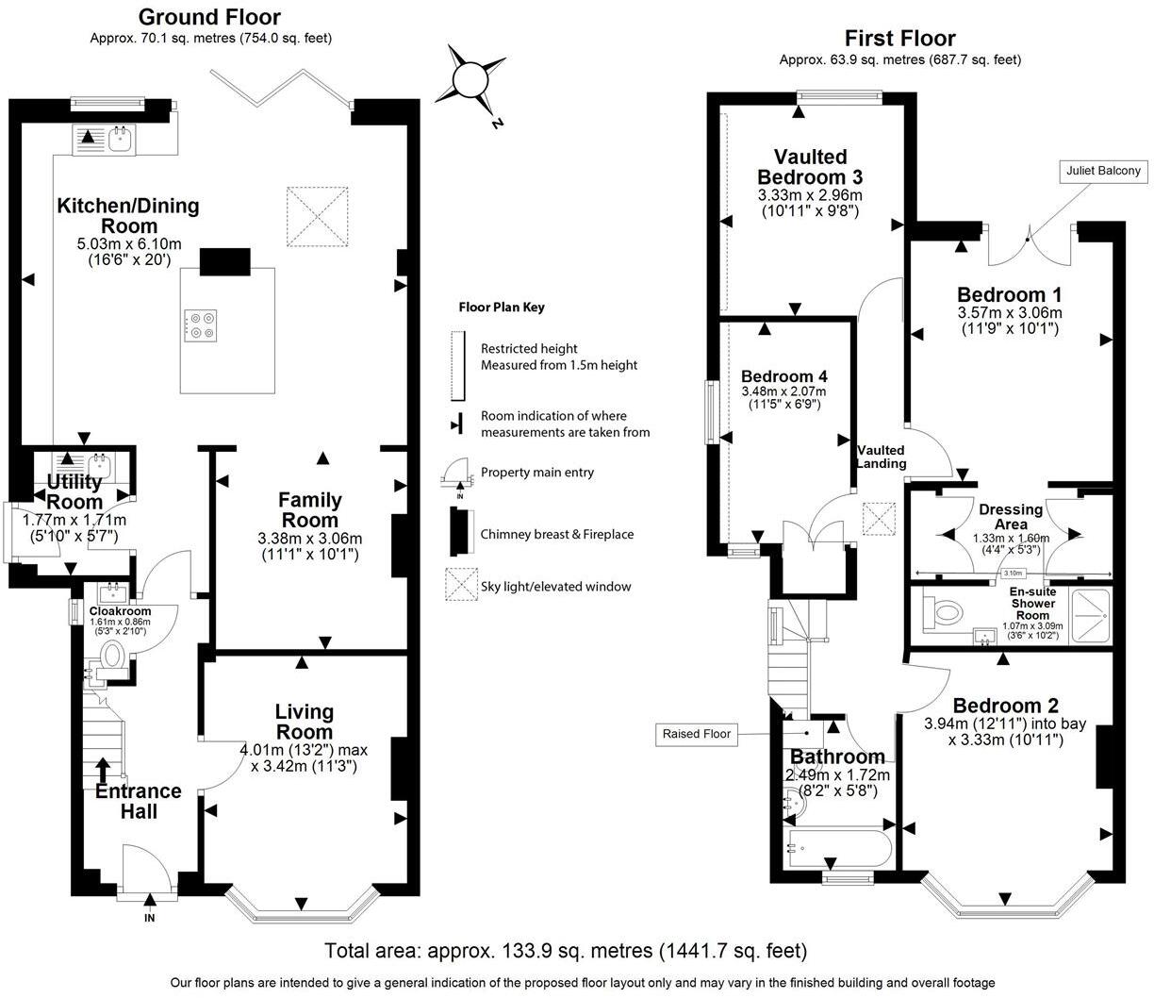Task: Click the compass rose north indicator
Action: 469,79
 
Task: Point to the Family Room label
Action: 309,509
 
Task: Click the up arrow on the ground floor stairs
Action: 101,770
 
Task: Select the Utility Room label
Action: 74,492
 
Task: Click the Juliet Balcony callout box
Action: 1102,171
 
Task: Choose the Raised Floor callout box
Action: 696,733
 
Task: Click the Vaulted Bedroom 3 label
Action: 810,167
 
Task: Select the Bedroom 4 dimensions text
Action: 783,397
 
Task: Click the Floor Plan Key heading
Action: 501,307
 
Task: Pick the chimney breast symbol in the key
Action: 460,533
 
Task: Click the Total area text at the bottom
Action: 565,950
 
